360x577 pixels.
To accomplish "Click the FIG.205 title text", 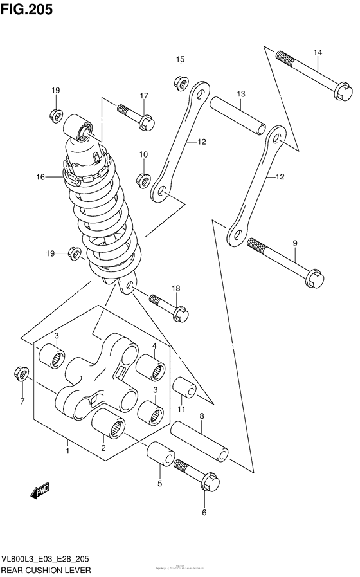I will tap(27, 10).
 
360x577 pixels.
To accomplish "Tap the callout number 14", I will tap(317, 52).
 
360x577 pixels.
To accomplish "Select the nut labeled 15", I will tap(180, 82).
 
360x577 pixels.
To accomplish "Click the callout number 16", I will tap(40, 176).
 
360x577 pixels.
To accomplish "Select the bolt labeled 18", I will tap(170, 307).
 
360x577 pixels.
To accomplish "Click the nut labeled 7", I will tap(21, 374).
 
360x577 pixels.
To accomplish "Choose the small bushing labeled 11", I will tap(184, 388).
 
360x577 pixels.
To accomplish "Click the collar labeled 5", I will tap(159, 459).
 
